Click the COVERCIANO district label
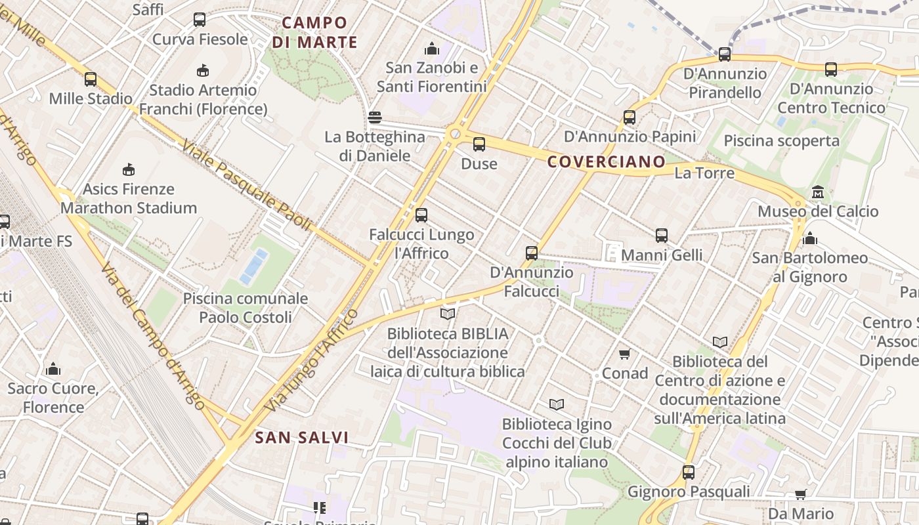click(x=607, y=161)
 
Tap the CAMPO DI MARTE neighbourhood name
click(x=315, y=33)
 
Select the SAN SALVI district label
click(x=302, y=438)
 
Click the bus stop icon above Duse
click(x=479, y=144)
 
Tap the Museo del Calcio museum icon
click(x=818, y=192)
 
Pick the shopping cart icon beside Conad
click(x=624, y=354)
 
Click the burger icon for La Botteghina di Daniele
click(x=375, y=118)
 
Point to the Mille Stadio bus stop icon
click(x=91, y=79)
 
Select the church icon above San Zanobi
click(x=431, y=49)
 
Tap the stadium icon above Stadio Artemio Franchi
click(x=203, y=70)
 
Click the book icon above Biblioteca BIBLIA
click(x=448, y=314)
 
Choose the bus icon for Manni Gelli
click(x=662, y=236)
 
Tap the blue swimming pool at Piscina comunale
click(x=253, y=267)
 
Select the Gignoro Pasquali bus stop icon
click(x=689, y=472)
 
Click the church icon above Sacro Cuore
click(x=53, y=369)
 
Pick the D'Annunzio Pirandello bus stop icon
click(x=725, y=54)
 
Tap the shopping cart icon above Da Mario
click(x=800, y=494)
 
